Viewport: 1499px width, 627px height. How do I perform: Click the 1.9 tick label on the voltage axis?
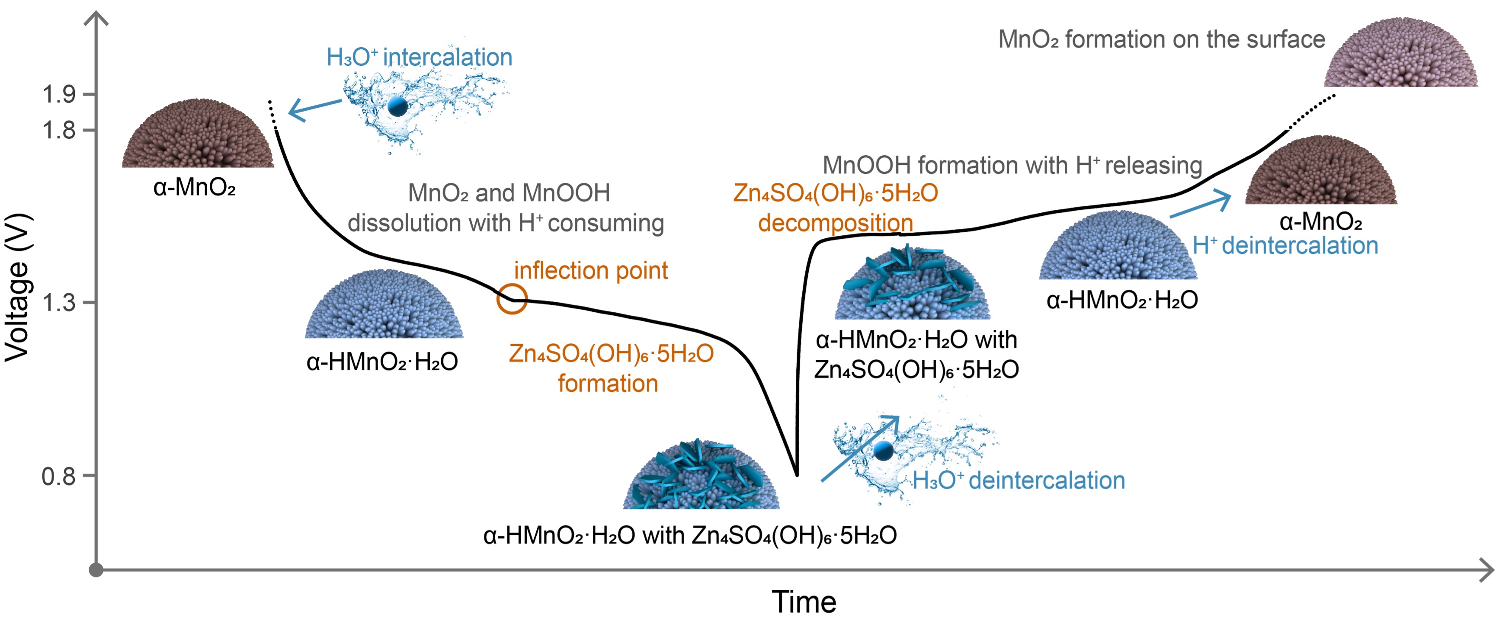pos(59,94)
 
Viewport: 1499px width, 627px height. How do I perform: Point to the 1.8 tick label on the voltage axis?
pos(59,130)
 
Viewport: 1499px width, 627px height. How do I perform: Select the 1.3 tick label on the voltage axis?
pos(59,302)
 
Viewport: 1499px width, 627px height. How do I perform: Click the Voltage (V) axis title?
pos(17,288)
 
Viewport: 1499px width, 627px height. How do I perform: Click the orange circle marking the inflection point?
pos(512,299)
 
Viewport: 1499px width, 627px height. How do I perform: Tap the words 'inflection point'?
pos(591,270)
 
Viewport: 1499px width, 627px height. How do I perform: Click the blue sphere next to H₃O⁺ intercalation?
pos(397,106)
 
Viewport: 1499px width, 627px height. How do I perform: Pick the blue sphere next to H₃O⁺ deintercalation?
pos(883,450)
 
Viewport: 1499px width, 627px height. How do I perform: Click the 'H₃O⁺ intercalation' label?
pos(419,58)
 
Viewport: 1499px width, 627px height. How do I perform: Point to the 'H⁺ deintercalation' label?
pos(1285,246)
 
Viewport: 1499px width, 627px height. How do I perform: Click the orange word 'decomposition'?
pos(835,223)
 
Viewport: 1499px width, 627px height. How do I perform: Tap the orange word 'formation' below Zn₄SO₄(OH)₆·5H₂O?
pos(608,384)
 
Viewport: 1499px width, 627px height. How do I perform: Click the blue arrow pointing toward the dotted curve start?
pos(314,109)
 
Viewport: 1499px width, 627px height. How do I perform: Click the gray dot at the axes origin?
pos(96,570)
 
